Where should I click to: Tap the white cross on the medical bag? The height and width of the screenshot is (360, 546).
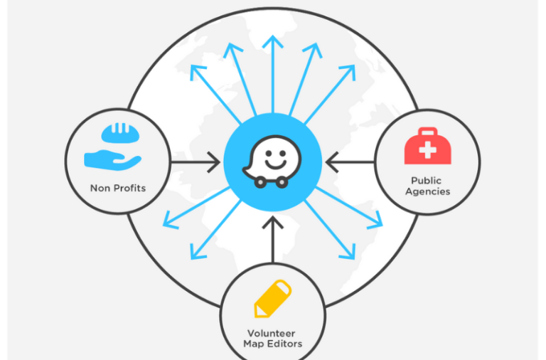(x=427, y=150)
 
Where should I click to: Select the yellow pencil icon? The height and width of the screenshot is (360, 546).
(x=273, y=299)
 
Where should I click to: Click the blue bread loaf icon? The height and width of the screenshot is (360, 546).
(x=120, y=133)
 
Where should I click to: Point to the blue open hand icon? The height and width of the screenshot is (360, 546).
(x=112, y=160)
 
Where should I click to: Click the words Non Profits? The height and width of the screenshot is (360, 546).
(x=118, y=189)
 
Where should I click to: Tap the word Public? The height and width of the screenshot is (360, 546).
(x=427, y=181)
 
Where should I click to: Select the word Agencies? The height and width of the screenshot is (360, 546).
(x=428, y=191)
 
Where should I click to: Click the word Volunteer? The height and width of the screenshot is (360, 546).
(x=272, y=334)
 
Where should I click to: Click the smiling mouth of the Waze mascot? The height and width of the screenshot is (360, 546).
(x=275, y=164)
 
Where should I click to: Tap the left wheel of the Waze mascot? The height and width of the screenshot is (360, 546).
(x=260, y=182)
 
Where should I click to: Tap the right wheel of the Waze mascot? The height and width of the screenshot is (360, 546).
(x=282, y=182)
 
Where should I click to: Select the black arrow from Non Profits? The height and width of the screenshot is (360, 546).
(x=196, y=162)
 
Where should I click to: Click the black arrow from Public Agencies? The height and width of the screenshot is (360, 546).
(x=350, y=162)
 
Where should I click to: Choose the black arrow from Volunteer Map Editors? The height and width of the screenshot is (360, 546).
(x=273, y=240)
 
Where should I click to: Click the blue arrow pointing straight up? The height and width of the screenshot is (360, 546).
(x=273, y=74)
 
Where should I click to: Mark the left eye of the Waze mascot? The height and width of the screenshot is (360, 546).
(x=269, y=154)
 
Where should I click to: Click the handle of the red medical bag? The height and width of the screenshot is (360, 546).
(x=427, y=132)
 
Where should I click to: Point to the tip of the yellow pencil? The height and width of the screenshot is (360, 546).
(x=256, y=316)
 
